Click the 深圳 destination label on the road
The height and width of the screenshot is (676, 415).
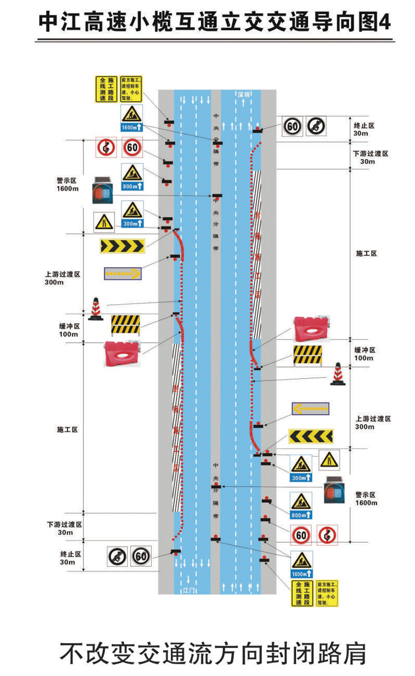click(x=244, y=95)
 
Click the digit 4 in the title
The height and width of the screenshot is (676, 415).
click(x=385, y=23)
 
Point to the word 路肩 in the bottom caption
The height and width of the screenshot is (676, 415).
click(x=343, y=654)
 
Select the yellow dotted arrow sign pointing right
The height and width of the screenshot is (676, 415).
click(x=122, y=273)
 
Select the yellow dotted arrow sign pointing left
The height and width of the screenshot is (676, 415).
click(x=310, y=409)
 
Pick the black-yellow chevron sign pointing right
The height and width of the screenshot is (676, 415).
click(x=122, y=245)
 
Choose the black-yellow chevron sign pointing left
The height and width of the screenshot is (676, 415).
click(x=310, y=436)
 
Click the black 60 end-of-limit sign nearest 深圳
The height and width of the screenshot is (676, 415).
click(x=293, y=127)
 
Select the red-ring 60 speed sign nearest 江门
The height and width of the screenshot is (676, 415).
click(x=300, y=535)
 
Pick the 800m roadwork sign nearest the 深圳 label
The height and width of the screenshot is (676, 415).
click(x=132, y=177)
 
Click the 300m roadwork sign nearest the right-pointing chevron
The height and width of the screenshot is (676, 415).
click(x=132, y=214)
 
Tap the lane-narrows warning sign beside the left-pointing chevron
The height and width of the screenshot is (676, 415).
click(x=329, y=460)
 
